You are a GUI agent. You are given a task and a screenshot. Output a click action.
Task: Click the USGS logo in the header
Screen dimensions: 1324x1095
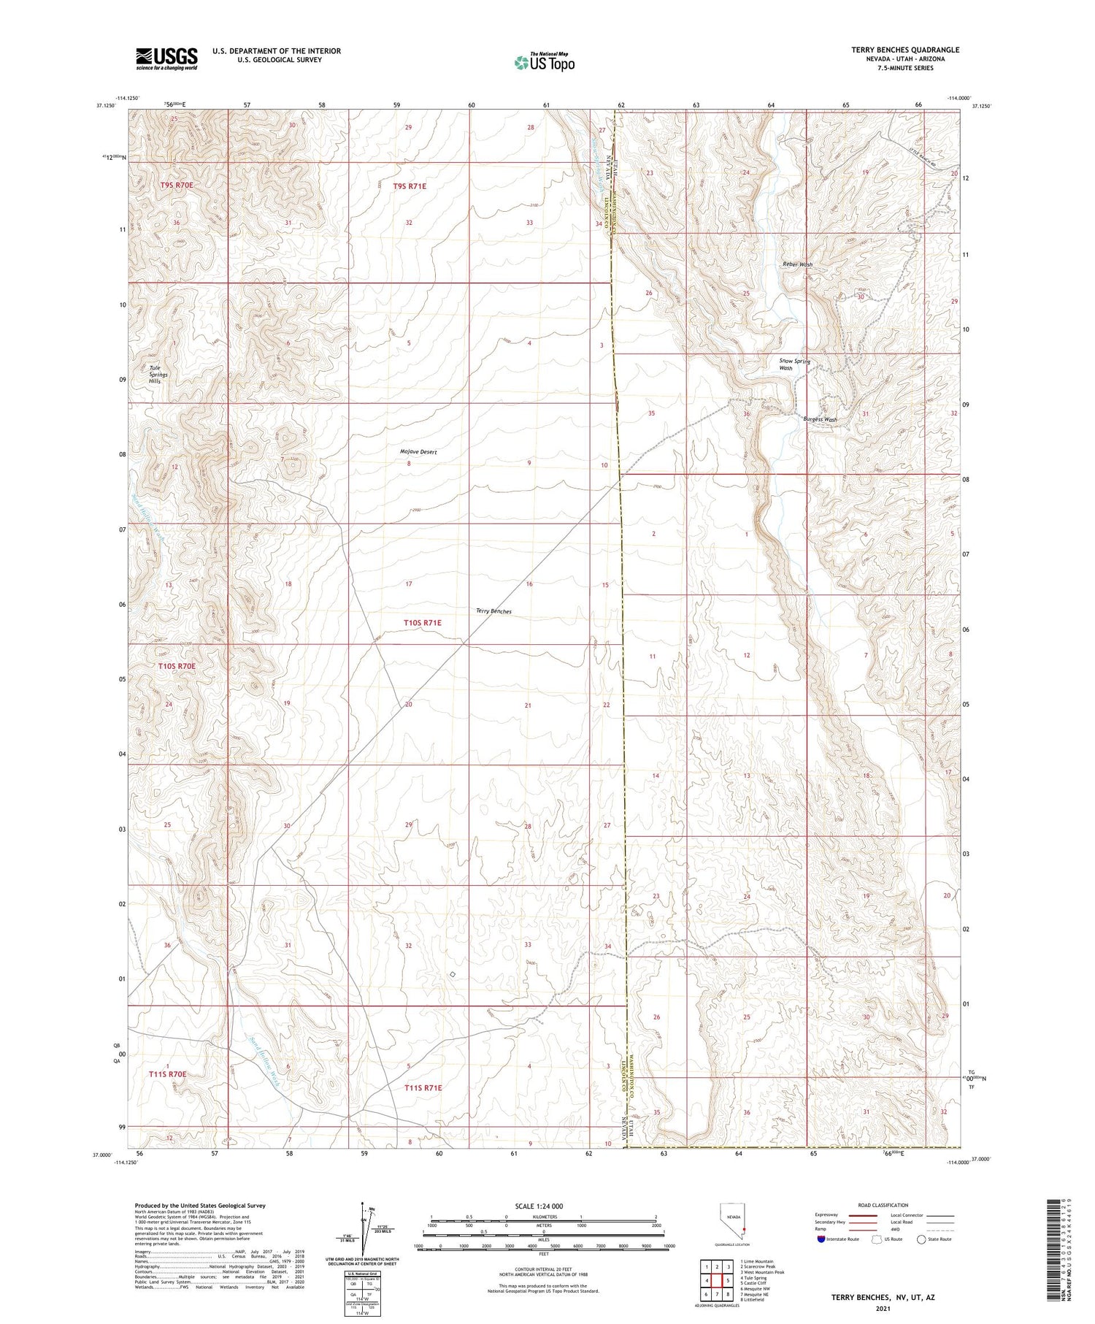point(166,58)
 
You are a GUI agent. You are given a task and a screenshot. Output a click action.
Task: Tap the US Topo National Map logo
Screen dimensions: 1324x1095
point(544,62)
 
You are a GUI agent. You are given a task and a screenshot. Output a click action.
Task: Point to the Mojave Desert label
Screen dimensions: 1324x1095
point(418,452)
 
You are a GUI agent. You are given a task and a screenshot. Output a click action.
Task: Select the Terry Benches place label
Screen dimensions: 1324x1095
point(493,611)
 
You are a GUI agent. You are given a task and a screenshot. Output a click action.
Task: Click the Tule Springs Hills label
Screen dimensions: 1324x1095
point(158,375)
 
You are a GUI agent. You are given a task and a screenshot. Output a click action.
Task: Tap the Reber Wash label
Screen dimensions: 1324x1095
point(797,264)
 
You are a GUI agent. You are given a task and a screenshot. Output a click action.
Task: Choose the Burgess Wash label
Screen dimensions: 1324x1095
point(820,419)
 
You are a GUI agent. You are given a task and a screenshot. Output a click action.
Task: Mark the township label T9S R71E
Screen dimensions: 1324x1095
point(410,186)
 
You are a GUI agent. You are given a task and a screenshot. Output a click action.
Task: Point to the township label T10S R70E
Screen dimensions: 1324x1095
point(177,666)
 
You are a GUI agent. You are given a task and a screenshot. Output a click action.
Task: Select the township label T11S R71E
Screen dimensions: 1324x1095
point(423,1087)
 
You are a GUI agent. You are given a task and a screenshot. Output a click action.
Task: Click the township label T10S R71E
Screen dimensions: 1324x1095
point(423,622)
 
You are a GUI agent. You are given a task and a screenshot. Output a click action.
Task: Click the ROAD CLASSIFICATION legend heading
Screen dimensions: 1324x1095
point(883,1205)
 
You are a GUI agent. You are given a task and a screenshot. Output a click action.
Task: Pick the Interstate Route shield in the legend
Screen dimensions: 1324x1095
point(821,1239)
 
